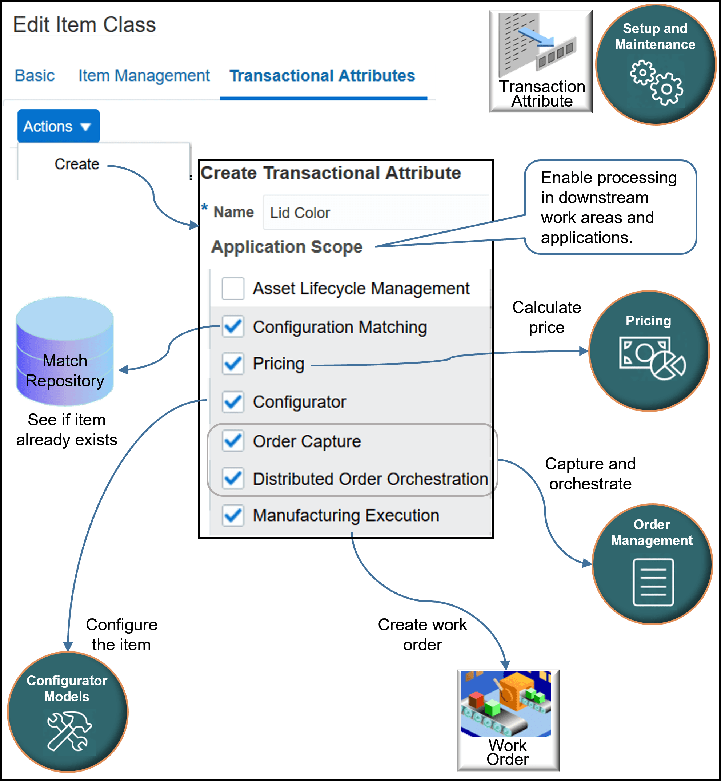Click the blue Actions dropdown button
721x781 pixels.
(58, 126)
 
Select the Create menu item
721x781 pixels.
(77, 164)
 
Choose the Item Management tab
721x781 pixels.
(144, 75)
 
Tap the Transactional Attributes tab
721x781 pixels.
(322, 76)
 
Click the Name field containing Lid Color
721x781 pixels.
(374, 213)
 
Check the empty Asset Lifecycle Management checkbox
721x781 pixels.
(233, 289)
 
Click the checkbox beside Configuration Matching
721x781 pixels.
(233, 326)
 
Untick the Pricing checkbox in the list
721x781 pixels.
(233, 364)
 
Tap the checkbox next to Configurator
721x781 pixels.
(233, 402)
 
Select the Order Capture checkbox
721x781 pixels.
(233, 441)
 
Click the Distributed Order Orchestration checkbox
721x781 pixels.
(233, 478)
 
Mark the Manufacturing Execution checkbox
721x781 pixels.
(233, 515)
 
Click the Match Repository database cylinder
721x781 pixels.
(65, 352)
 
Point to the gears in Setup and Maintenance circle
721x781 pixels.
(656, 82)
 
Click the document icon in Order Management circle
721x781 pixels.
(653, 582)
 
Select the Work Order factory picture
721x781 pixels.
(506, 703)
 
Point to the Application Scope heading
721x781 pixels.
(287, 246)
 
